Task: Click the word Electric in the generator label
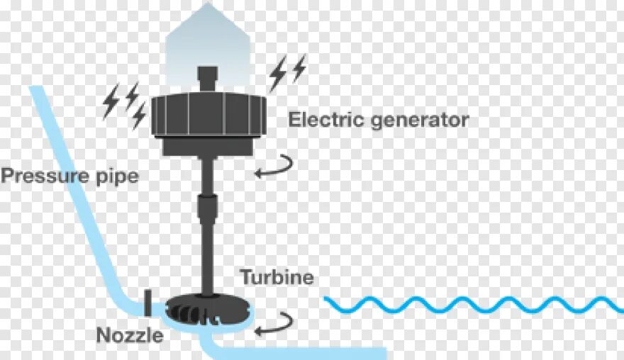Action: click(317, 120)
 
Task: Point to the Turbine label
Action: click(277, 276)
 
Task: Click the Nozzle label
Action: click(130, 334)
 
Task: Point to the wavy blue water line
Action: click(472, 304)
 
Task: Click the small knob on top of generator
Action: click(208, 78)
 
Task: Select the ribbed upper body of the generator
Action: click(208, 115)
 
